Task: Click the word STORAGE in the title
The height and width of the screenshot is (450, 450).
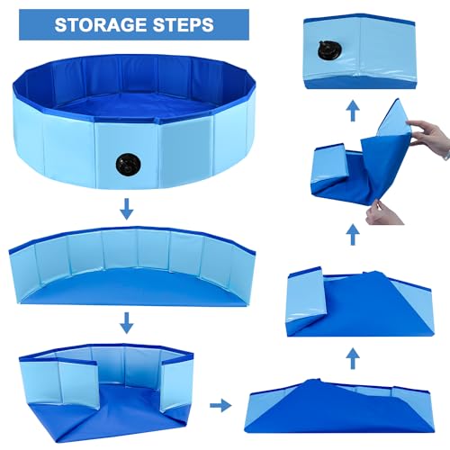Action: pos(98,24)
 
